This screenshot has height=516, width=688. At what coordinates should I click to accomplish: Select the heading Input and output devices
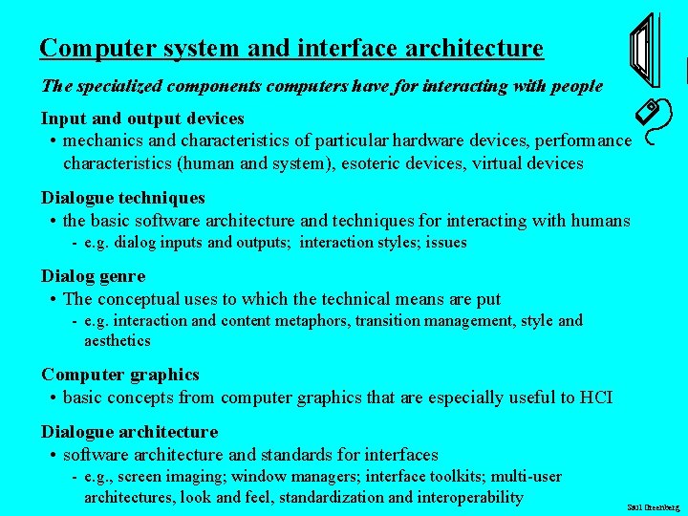pos(142,118)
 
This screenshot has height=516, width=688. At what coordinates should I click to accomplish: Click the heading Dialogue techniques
pos(122,198)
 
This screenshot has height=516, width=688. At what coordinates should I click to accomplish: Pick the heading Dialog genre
pos(93,276)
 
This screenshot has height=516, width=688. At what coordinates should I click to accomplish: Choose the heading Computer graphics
pos(119,375)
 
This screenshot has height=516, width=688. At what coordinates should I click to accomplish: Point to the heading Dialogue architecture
pos(129,432)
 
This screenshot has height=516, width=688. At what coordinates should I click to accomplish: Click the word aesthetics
pos(117,341)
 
